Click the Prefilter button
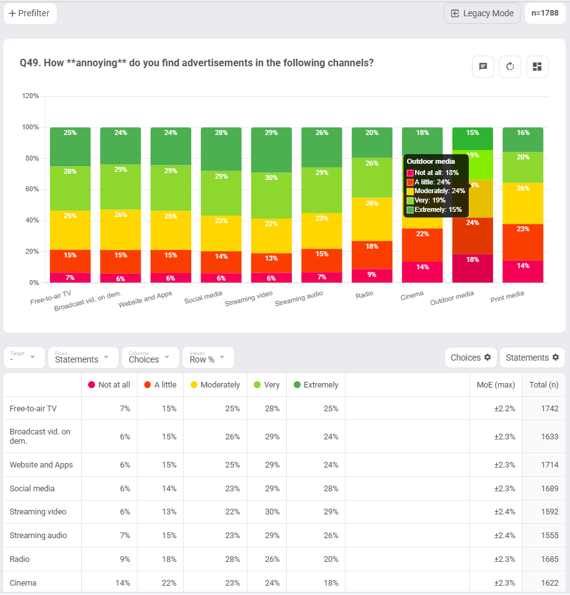[30, 14]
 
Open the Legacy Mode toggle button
[482, 13]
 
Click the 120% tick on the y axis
[31, 96]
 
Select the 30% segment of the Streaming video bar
[271, 177]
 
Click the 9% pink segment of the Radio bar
[372, 274]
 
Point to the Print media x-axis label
[507, 296]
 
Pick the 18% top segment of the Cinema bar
[422, 133]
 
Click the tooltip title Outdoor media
[431, 161]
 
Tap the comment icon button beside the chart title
[483, 67]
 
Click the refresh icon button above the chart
[510, 67]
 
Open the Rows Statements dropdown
[82, 357]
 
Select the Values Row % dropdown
[208, 357]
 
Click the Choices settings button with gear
[471, 357]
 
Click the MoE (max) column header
[496, 385]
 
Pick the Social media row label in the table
[32, 488]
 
